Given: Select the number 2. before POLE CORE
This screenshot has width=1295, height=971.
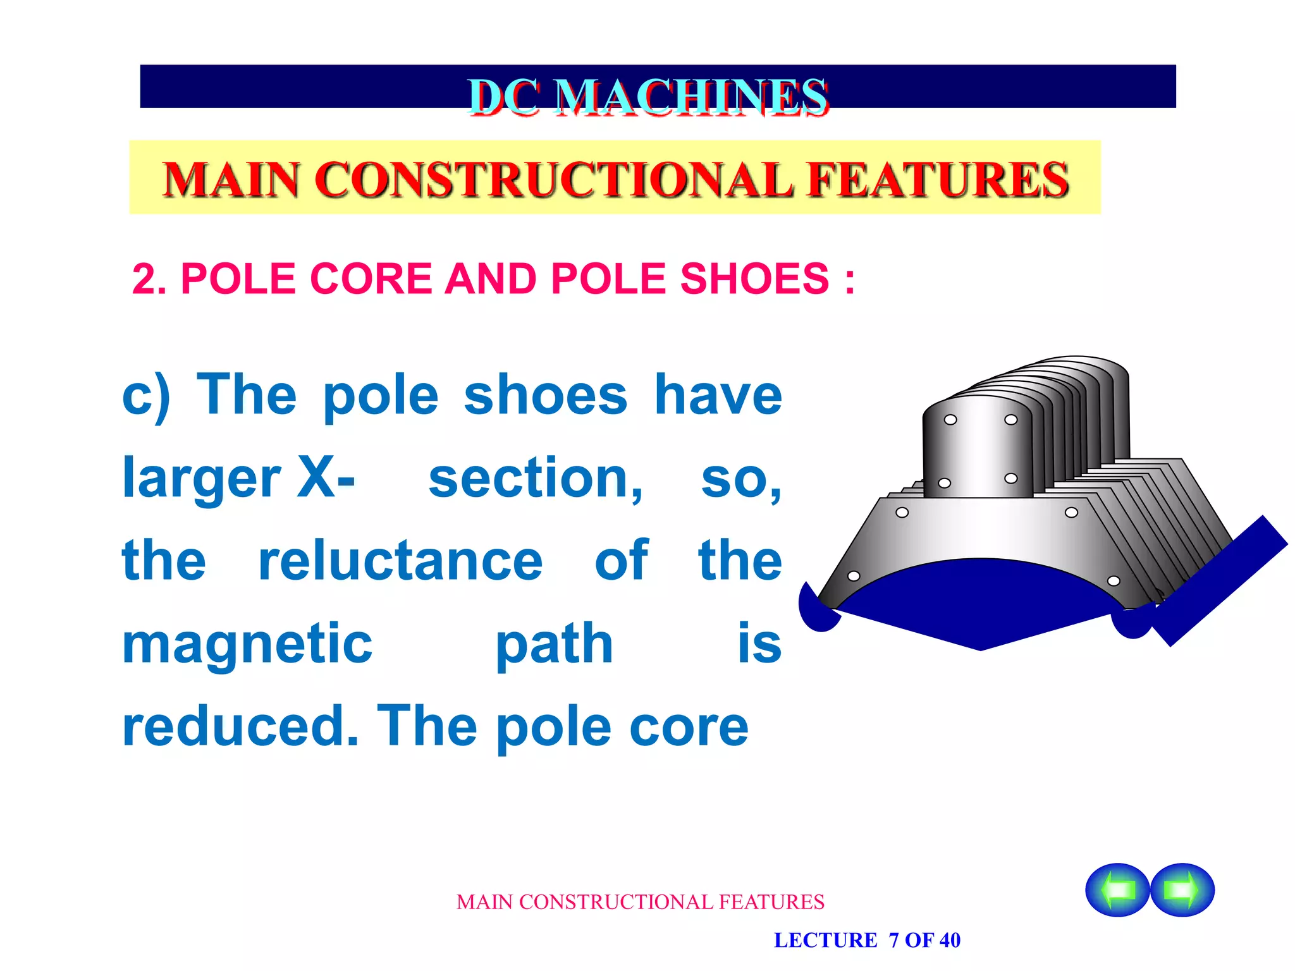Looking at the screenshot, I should click(149, 279).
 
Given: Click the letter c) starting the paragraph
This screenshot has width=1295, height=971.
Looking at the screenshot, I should click(146, 396).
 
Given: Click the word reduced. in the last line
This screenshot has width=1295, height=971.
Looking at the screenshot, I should click(240, 727).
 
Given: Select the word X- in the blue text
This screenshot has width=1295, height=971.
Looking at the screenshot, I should click(326, 478).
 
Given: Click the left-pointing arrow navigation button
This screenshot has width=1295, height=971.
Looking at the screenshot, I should click(1117, 889).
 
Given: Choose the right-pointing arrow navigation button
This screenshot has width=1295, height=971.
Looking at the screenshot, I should click(1182, 889).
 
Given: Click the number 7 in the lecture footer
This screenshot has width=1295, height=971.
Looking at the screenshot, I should click(893, 940).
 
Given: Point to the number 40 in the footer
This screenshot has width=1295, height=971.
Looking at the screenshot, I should click(949, 940).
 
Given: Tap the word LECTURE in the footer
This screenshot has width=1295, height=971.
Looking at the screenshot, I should click(825, 940).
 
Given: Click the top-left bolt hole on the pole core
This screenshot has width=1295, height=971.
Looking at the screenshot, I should click(950, 420).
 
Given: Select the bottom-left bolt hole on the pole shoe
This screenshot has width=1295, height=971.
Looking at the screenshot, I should click(854, 576).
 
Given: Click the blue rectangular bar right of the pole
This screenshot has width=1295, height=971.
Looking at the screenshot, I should click(1220, 580).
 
